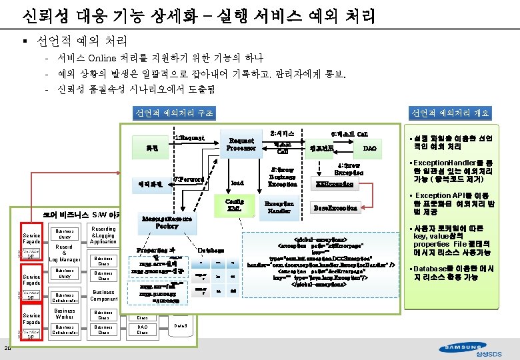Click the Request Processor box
coord(241,145)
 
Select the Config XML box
coord(234,205)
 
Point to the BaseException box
coord(336,208)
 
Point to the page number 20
coord(6,348)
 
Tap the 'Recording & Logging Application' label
coord(103,235)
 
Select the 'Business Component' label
coord(103,295)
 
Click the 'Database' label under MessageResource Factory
coord(211,250)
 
